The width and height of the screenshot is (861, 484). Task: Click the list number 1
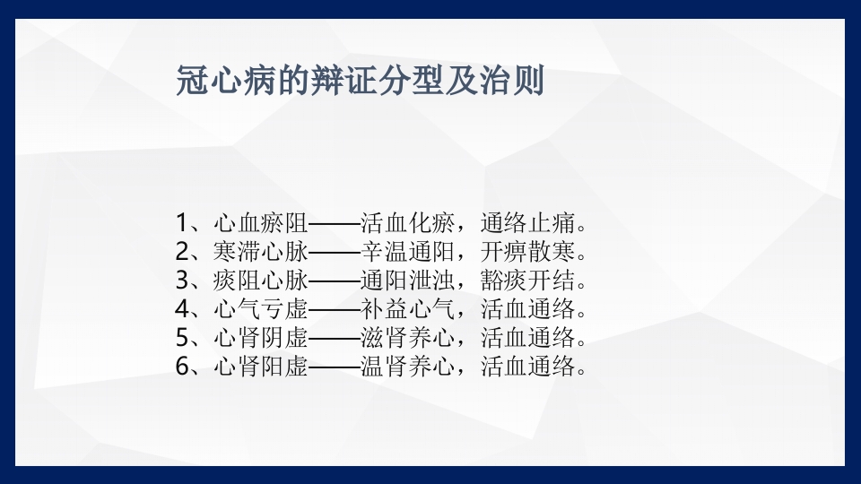(182, 221)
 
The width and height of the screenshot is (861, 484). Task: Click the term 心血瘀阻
(261, 221)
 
